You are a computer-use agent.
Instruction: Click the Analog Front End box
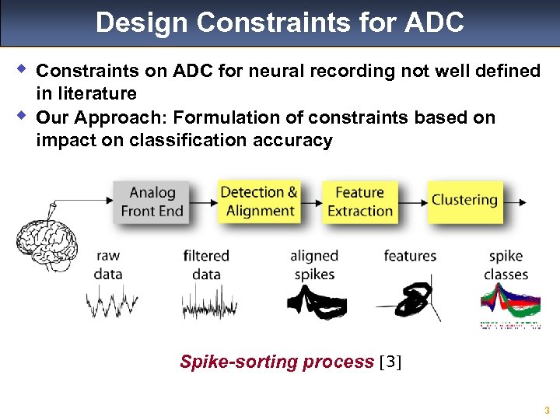(x=152, y=201)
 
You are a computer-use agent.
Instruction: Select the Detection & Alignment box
(x=259, y=201)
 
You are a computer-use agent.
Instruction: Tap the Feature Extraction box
(x=359, y=201)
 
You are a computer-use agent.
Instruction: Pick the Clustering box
(x=464, y=200)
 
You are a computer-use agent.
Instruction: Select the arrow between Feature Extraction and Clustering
(x=411, y=202)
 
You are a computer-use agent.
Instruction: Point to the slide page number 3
(x=547, y=410)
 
